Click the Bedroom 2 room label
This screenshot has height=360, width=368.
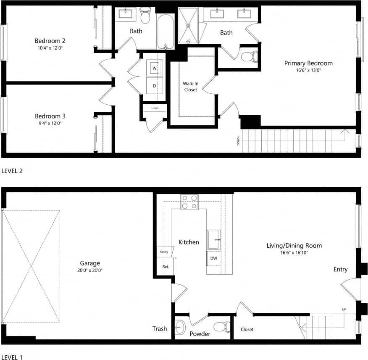coord(50,41)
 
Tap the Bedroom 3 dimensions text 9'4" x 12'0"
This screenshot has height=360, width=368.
coord(50,123)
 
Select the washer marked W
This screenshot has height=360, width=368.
coord(155,68)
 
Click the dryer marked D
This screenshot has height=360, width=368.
coord(155,85)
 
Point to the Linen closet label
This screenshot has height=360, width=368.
coord(155,108)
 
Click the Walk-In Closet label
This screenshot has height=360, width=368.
coord(190,86)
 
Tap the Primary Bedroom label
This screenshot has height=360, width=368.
coord(308,63)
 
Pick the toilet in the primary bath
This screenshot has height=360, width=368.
coord(250,56)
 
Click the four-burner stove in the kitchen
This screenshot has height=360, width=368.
coord(189,202)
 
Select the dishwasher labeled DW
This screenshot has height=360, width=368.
coord(213,258)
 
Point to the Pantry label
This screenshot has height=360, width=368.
coord(164,251)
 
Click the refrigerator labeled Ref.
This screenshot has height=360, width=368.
coord(165,267)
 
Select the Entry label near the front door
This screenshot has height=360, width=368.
coord(340,269)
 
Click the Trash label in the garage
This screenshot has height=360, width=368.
coord(160,329)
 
